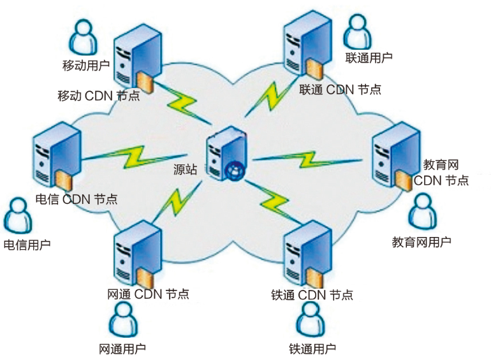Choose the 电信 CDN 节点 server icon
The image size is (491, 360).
tap(55, 156)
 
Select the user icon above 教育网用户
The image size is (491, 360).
tap(423, 211)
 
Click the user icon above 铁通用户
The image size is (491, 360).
tap(311, 319)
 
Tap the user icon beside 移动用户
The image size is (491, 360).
tap(83, 36)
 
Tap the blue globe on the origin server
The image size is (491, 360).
tap(234, 169)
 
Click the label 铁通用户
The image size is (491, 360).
tap(312, 349)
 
